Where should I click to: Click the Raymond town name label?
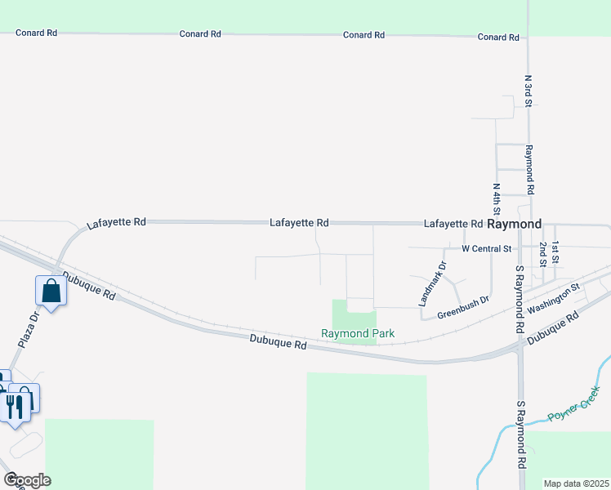click(515, 224)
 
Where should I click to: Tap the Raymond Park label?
click(358, 333)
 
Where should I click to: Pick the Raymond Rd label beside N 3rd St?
click(529, 163)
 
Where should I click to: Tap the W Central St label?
click(486, 248)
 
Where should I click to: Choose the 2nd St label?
click(542, 253)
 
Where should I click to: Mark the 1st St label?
click(555, 252)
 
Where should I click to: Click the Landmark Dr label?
click(432, 283)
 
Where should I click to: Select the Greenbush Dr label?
click(462, 306)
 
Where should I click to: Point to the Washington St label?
click(552, 299)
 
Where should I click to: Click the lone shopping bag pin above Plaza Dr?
click(51, 291)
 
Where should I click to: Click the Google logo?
click(27, 480)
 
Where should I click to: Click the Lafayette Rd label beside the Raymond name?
click(453, 224)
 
